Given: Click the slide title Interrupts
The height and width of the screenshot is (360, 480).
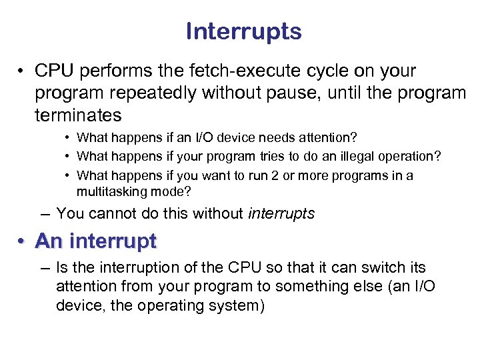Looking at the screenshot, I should pos(243,31).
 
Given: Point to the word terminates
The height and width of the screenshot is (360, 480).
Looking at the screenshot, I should pos(78,115).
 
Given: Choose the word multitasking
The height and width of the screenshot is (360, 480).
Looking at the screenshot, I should pos(110,191).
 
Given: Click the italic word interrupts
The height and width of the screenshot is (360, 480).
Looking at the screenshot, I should pos(281,214).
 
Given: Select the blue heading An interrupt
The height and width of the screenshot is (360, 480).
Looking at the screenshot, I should pos(96,241).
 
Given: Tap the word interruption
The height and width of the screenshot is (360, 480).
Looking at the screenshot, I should pos(127,268).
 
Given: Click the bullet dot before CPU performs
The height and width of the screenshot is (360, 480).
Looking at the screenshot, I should pos(22,72).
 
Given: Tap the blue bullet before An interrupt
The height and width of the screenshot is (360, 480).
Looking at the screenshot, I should pos(22,241).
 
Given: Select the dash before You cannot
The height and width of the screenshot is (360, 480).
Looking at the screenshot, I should pos(44,214).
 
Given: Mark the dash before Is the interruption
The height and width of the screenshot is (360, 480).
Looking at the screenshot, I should pos(44,268).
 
